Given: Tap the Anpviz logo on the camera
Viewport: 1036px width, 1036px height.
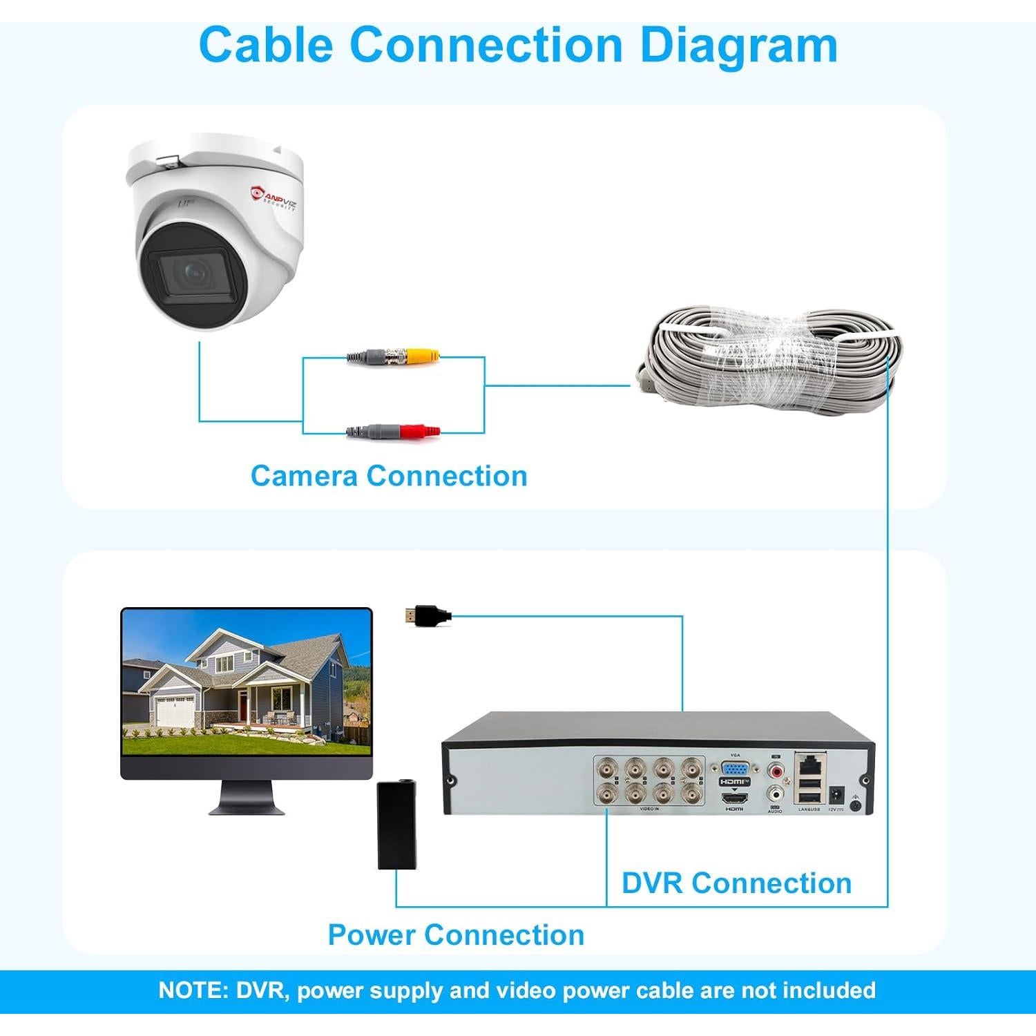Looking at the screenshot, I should [275, 196].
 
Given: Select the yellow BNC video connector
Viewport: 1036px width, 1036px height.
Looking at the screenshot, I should [422, 357].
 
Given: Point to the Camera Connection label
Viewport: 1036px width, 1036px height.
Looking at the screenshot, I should [389, 476].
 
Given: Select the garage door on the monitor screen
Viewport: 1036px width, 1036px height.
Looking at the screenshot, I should [174, 711].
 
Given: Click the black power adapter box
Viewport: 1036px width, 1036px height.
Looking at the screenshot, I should [397, 825].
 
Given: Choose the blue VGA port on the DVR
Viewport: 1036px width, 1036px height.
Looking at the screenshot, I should [736, 769].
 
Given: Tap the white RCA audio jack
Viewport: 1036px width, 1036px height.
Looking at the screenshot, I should [776, 794].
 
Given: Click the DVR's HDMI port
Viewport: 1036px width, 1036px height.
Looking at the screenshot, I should [734, 798].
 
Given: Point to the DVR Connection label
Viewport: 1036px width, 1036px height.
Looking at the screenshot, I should [736, 883].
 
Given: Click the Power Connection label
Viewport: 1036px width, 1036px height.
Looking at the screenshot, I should [456, 934].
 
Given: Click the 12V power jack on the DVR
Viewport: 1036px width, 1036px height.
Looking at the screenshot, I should [836, 794].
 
